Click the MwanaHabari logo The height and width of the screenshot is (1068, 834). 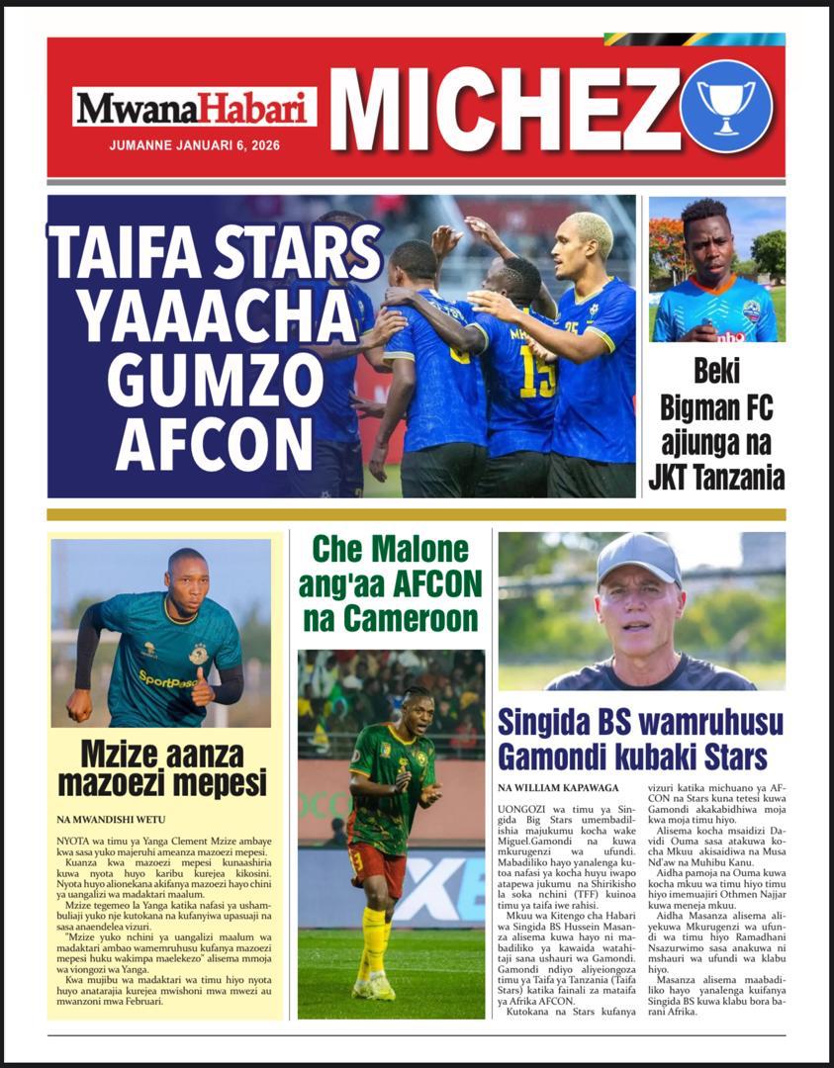tap(194, 107)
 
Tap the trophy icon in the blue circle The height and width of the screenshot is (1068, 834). tap(725, 105)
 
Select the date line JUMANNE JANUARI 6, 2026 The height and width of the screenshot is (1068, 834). tap(194, 145)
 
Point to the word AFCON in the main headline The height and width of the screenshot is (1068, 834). tap(215, 444)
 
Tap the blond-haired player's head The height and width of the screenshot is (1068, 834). tap(592, 239)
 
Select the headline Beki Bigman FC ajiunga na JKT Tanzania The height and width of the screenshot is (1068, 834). tap(716, 424)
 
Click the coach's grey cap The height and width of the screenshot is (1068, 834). tap(639, 557)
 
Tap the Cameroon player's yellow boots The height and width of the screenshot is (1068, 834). tap(375, 984)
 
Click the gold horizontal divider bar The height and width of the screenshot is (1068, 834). tap(417, 514)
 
